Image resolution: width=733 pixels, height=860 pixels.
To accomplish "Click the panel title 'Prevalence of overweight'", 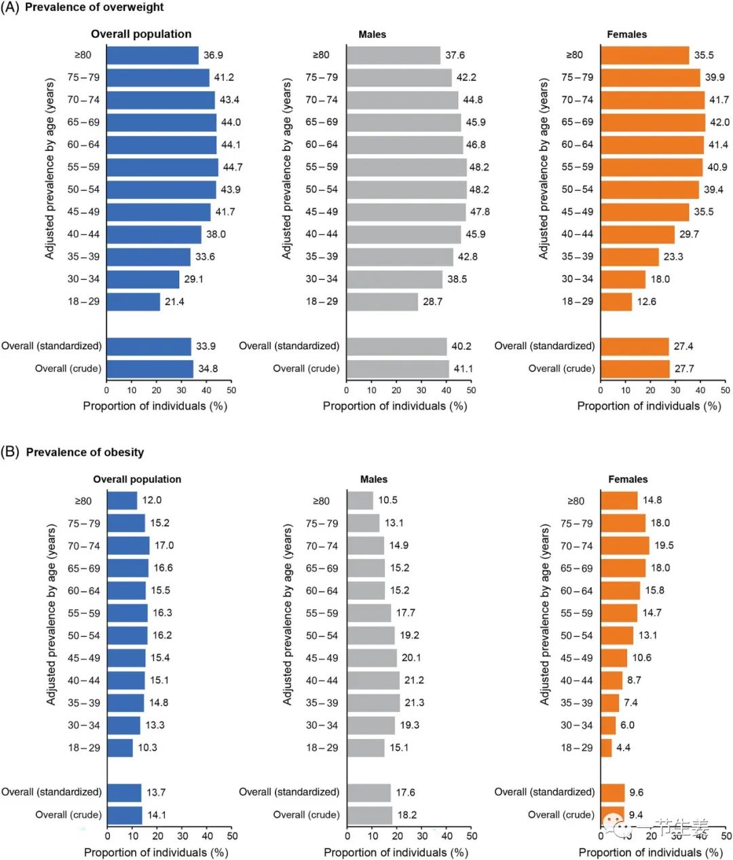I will (x=94, y=7).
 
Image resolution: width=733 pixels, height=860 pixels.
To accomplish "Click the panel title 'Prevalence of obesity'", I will (x=85, y=452).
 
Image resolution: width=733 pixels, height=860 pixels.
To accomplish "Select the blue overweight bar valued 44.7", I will (x=162, y=167).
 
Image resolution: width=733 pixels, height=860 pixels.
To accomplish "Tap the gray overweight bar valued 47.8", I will (x=406, y=212).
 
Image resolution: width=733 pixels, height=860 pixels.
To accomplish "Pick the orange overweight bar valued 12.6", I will (x=616, y=302).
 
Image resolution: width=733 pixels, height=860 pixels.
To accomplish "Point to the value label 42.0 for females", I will (x=719, y=122).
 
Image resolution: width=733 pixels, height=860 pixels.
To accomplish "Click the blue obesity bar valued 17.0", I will (x=128, y=545).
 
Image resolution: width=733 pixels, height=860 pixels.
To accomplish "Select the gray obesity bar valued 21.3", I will (x=373, y=703).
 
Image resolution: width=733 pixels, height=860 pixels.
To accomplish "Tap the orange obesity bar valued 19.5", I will (x=624, y=545).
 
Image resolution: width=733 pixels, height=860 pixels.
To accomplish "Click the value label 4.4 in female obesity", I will (x=623, y=748).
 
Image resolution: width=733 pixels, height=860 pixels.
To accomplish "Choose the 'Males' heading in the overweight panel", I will (x=372, y=35).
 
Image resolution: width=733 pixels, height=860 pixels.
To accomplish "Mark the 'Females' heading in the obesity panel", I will (x=628, y=480).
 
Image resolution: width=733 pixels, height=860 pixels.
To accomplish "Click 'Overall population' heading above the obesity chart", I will (x=137, y=480).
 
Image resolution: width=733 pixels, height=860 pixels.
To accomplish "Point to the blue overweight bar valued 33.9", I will (x=149, y=346).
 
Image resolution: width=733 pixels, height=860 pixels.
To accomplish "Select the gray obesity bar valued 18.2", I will (x=370, y=815).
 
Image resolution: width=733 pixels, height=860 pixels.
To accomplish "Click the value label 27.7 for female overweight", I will (x=683, y=369).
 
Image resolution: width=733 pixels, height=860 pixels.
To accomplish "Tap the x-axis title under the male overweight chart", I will (x=395, y=406).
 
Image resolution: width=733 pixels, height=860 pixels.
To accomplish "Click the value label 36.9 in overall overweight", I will (x=213, y=55).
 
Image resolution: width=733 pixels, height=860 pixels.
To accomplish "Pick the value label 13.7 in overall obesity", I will (x=156, y=793).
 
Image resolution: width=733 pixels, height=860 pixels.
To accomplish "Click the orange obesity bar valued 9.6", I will (x=612, y=793).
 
